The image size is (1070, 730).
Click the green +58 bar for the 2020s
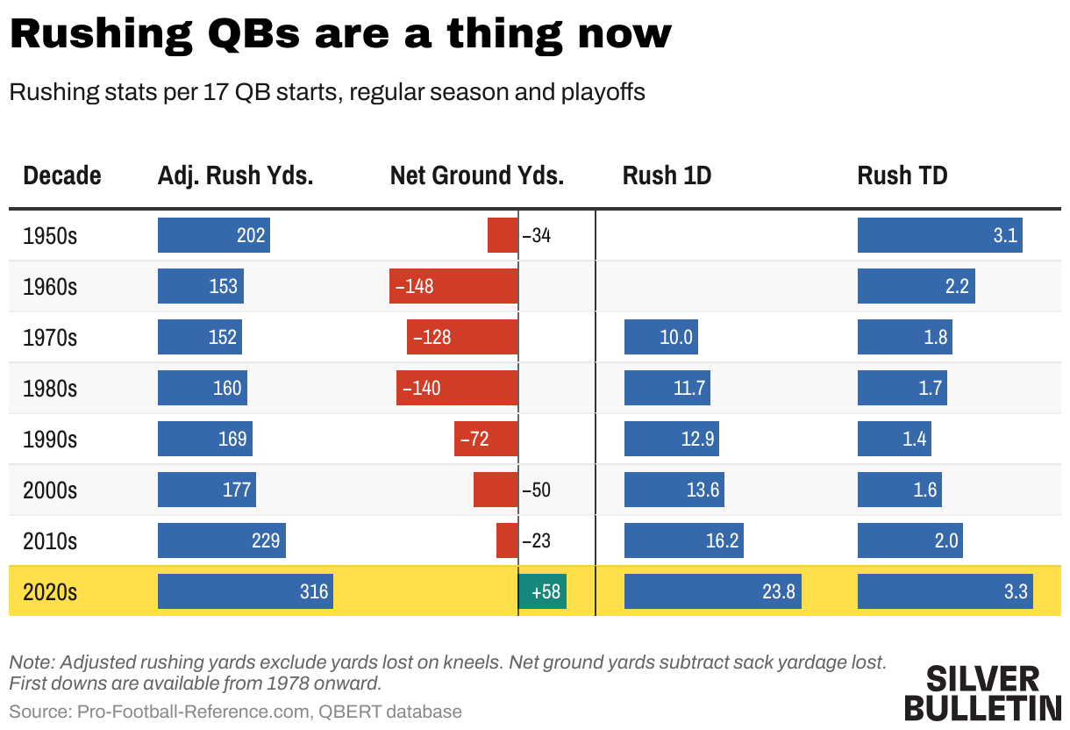542,591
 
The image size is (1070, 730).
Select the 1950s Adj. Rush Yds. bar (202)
213,235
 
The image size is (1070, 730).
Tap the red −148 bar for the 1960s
453,286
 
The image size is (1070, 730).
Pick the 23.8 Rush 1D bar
713,591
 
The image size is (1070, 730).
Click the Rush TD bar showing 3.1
939,235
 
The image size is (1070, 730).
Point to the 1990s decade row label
50,439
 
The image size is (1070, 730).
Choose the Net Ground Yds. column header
476,175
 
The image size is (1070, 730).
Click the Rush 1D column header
667,175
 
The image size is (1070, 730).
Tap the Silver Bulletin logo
982,693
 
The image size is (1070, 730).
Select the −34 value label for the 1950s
537,236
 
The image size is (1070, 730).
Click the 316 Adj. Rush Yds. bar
246,591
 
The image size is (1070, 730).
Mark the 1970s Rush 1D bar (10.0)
660,337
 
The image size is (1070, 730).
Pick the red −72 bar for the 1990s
485,439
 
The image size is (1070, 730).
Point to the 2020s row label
50,592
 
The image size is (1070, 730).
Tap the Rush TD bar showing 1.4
894,439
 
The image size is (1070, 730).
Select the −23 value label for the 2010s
537,541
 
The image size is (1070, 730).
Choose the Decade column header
61,175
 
